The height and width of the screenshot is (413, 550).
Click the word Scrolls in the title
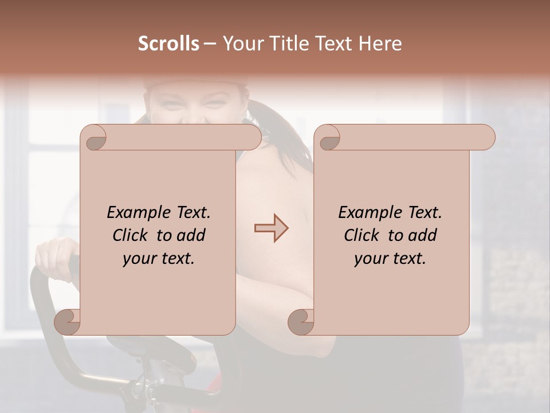169,44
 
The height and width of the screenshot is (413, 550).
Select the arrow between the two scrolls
271,228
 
